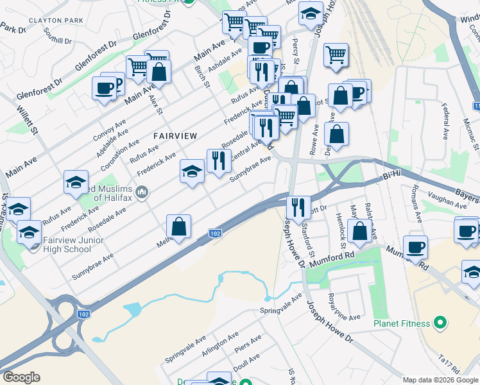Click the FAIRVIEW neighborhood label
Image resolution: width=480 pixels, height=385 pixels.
175,135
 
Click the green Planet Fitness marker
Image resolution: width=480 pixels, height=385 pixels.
440,321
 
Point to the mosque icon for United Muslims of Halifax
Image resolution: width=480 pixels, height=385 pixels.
142,192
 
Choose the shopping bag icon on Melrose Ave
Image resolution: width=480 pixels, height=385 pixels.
179,226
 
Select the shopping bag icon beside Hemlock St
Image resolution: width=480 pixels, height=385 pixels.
360,230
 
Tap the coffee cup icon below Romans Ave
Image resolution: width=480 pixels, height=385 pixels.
416,246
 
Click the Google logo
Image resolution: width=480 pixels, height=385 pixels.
21,377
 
